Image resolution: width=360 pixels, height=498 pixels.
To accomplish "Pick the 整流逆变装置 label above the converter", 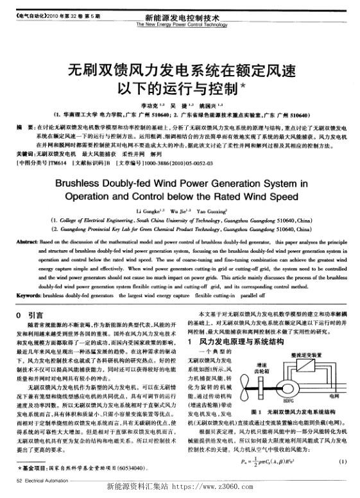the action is [x=304, y=354].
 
